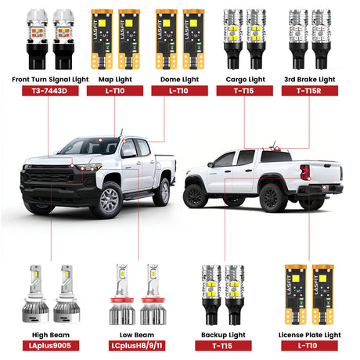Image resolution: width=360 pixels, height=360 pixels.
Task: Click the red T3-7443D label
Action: point(50,91)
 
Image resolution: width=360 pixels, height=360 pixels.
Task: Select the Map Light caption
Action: point(115,79)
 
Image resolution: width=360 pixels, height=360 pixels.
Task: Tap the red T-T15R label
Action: point(310,91)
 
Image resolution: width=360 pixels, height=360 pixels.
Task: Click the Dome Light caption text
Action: point(179,79)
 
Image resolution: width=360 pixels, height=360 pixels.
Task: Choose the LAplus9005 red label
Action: point(51,346)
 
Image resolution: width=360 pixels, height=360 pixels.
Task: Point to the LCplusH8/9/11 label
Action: point(137,346)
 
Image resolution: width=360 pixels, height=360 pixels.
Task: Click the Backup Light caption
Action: point(223,335)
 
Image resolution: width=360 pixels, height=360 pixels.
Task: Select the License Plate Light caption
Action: point(309,335)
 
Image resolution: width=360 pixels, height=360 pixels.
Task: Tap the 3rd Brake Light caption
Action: point(310,79)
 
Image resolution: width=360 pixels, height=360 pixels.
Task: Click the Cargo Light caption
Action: point(245,79)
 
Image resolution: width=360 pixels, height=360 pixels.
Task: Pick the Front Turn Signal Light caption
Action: point(50,79)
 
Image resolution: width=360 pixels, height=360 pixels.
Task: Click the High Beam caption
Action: point(51,335)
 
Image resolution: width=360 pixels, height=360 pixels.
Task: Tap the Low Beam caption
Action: point(137,335)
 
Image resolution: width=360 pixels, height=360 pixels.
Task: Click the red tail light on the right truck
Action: point(305,172)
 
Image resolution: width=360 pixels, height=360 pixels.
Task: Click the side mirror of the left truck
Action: point(129,153)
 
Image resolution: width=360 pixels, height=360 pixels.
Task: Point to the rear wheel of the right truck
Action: point(272,197)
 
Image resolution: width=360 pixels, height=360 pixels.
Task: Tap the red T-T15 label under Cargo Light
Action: point(245,91)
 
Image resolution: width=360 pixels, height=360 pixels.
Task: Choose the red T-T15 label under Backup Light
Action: point(223,346)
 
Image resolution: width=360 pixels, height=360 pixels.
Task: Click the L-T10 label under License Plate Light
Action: point(309,346)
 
